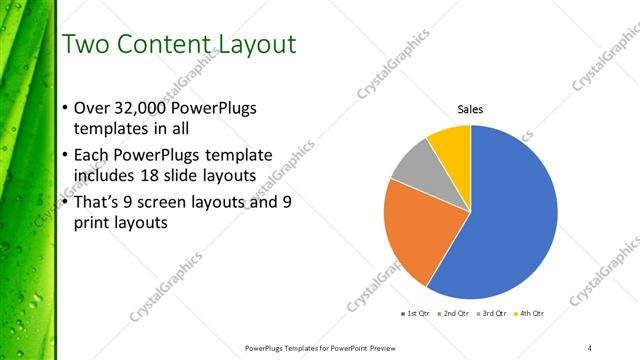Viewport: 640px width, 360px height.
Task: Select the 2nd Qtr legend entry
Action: (x=457, y=314)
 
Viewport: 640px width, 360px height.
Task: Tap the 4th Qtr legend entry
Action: (x=530, y=314)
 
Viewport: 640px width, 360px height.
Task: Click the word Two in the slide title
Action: (x=85, y=45)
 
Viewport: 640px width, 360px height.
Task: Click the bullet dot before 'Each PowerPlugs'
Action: (x=65, y=155)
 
